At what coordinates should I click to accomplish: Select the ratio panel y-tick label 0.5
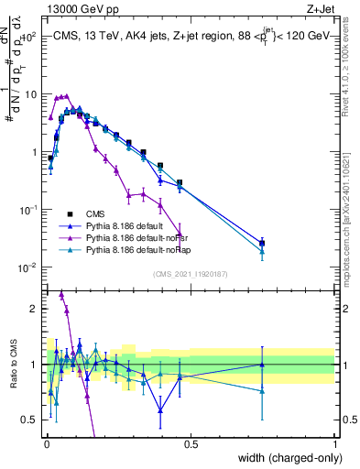pos(29,420)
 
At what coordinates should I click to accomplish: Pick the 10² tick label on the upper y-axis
pos(28,38)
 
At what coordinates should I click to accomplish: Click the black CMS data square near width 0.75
pos(262,243)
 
